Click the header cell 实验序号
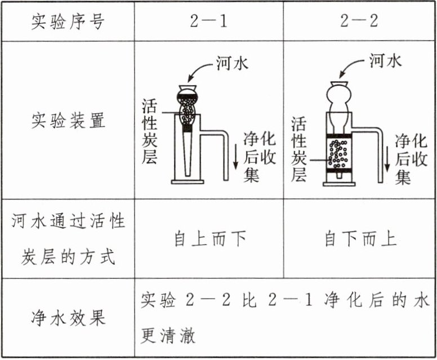68,22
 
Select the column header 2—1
208,22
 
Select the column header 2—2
359,22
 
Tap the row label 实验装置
68,120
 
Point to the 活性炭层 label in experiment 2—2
299,149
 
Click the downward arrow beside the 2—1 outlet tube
236,158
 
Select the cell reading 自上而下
209,239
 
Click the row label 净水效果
68,318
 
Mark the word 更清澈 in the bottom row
168,336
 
